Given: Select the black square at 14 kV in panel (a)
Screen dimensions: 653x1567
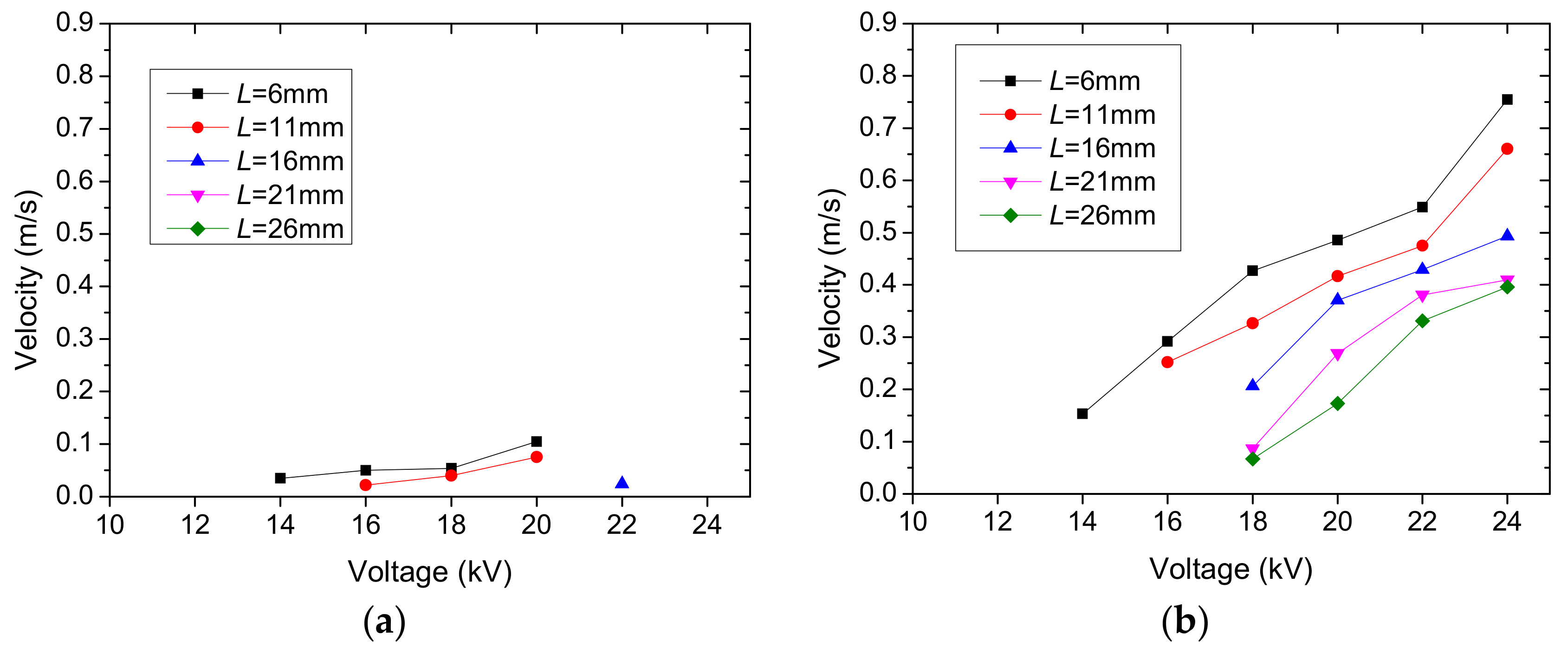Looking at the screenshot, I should tap(280, 478).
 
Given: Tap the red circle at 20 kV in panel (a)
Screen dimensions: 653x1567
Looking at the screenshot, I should tap(537, 457).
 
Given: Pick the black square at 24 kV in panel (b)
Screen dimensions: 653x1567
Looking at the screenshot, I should tap(1507, 100).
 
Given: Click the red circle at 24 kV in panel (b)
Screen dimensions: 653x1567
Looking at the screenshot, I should tap(1507, 149).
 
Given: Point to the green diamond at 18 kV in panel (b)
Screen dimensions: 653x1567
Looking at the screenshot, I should tap(1252, 459).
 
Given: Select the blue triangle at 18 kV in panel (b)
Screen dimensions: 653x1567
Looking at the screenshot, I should tap(1252, 385).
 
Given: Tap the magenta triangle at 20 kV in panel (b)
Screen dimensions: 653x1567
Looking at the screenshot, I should tap(1337, 354).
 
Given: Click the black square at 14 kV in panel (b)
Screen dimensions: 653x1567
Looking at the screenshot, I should tap(1082, 413).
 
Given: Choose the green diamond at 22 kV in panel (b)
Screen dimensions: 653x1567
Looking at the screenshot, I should tap(1422, 320).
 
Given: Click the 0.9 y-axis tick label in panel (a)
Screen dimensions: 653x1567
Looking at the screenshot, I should tap(74, 23).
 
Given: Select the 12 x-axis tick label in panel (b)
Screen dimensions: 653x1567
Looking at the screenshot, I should tap(997, 522).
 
